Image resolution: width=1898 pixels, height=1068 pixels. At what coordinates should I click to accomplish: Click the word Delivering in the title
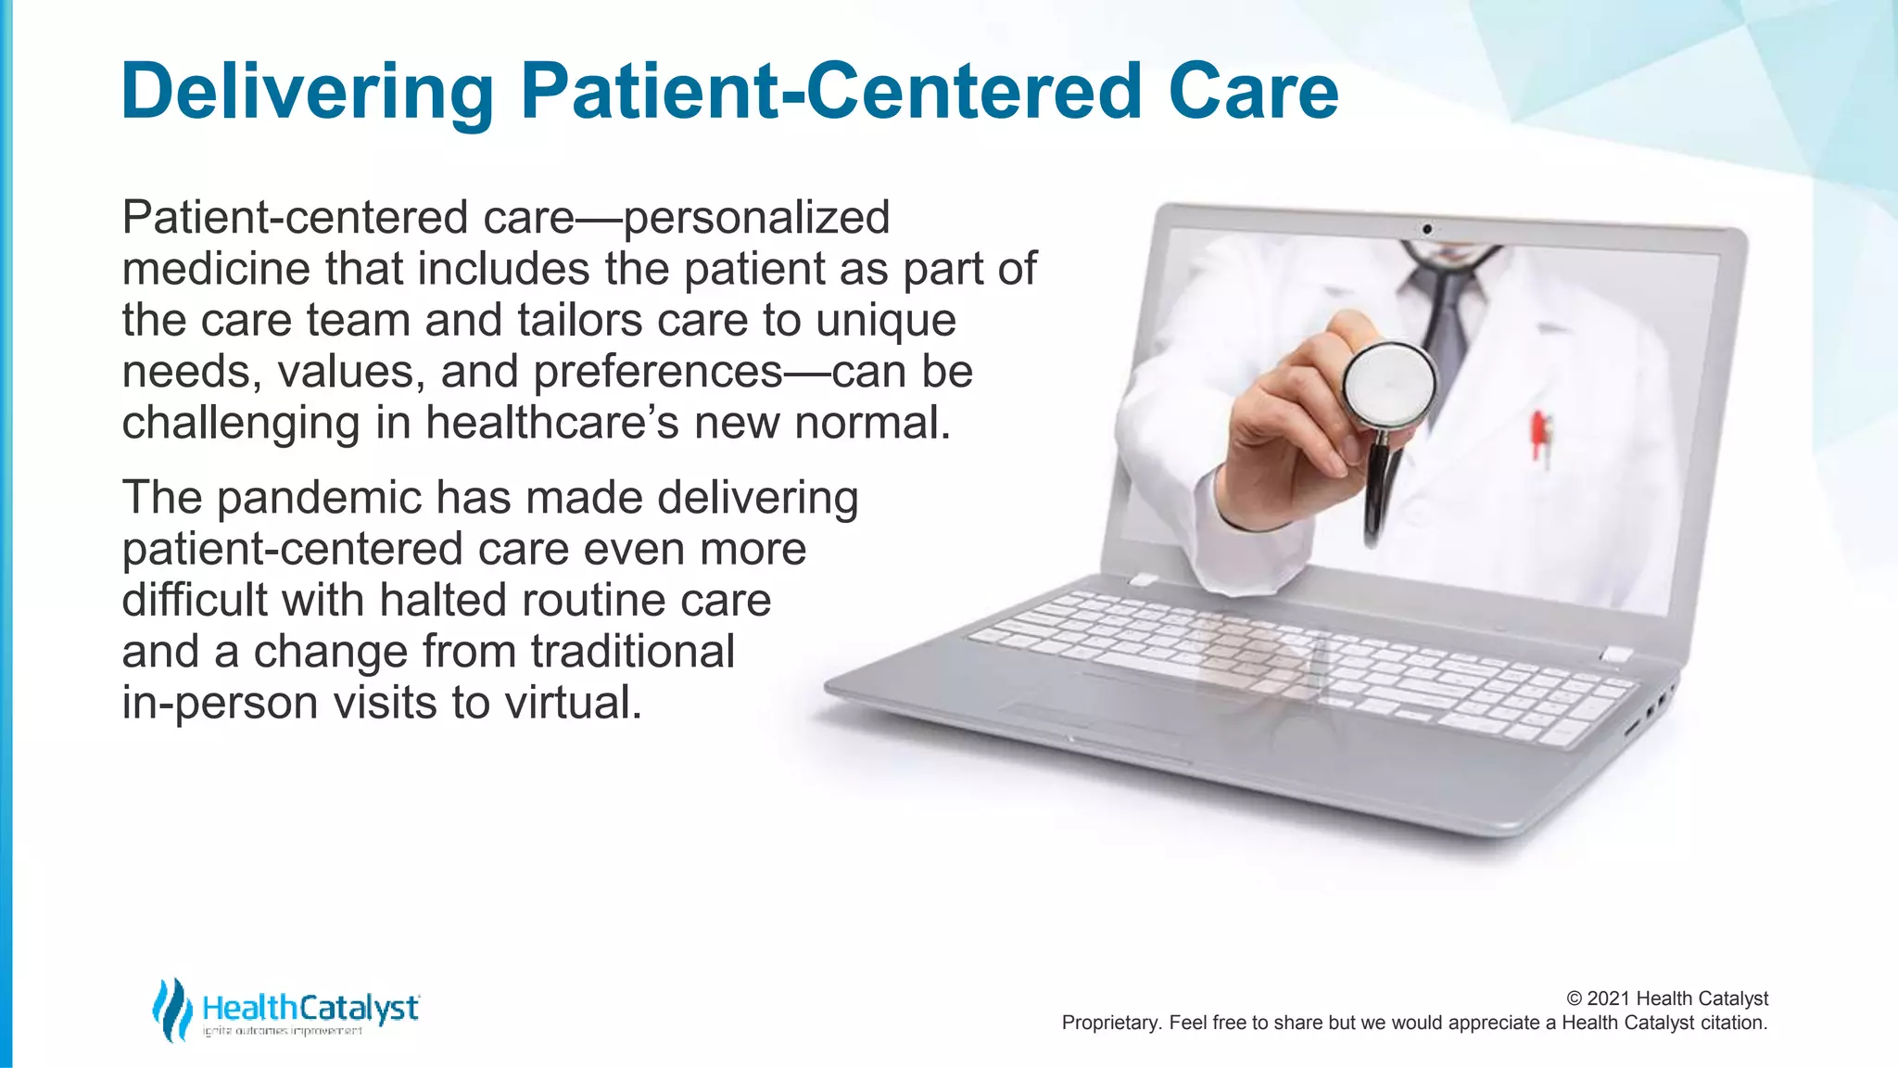click(x=308, y=91)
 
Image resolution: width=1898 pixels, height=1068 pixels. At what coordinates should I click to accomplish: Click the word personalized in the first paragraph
click(x=756, y=219)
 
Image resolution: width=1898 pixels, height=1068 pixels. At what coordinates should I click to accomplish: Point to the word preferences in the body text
click(x=658, y=373)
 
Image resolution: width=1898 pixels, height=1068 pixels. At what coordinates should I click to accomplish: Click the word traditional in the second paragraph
click(x=633, y=652)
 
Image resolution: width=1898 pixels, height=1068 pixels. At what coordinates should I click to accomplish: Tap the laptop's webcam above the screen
click(x=1427, y=229)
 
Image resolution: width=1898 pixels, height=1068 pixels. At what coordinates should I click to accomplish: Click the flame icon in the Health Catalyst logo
click(x=171, y=1009)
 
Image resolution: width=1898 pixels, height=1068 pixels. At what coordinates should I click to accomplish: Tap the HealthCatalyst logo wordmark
click(x=310, y=1008)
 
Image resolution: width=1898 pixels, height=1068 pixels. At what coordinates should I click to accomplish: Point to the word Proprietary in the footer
click(x=1108, y=1023)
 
